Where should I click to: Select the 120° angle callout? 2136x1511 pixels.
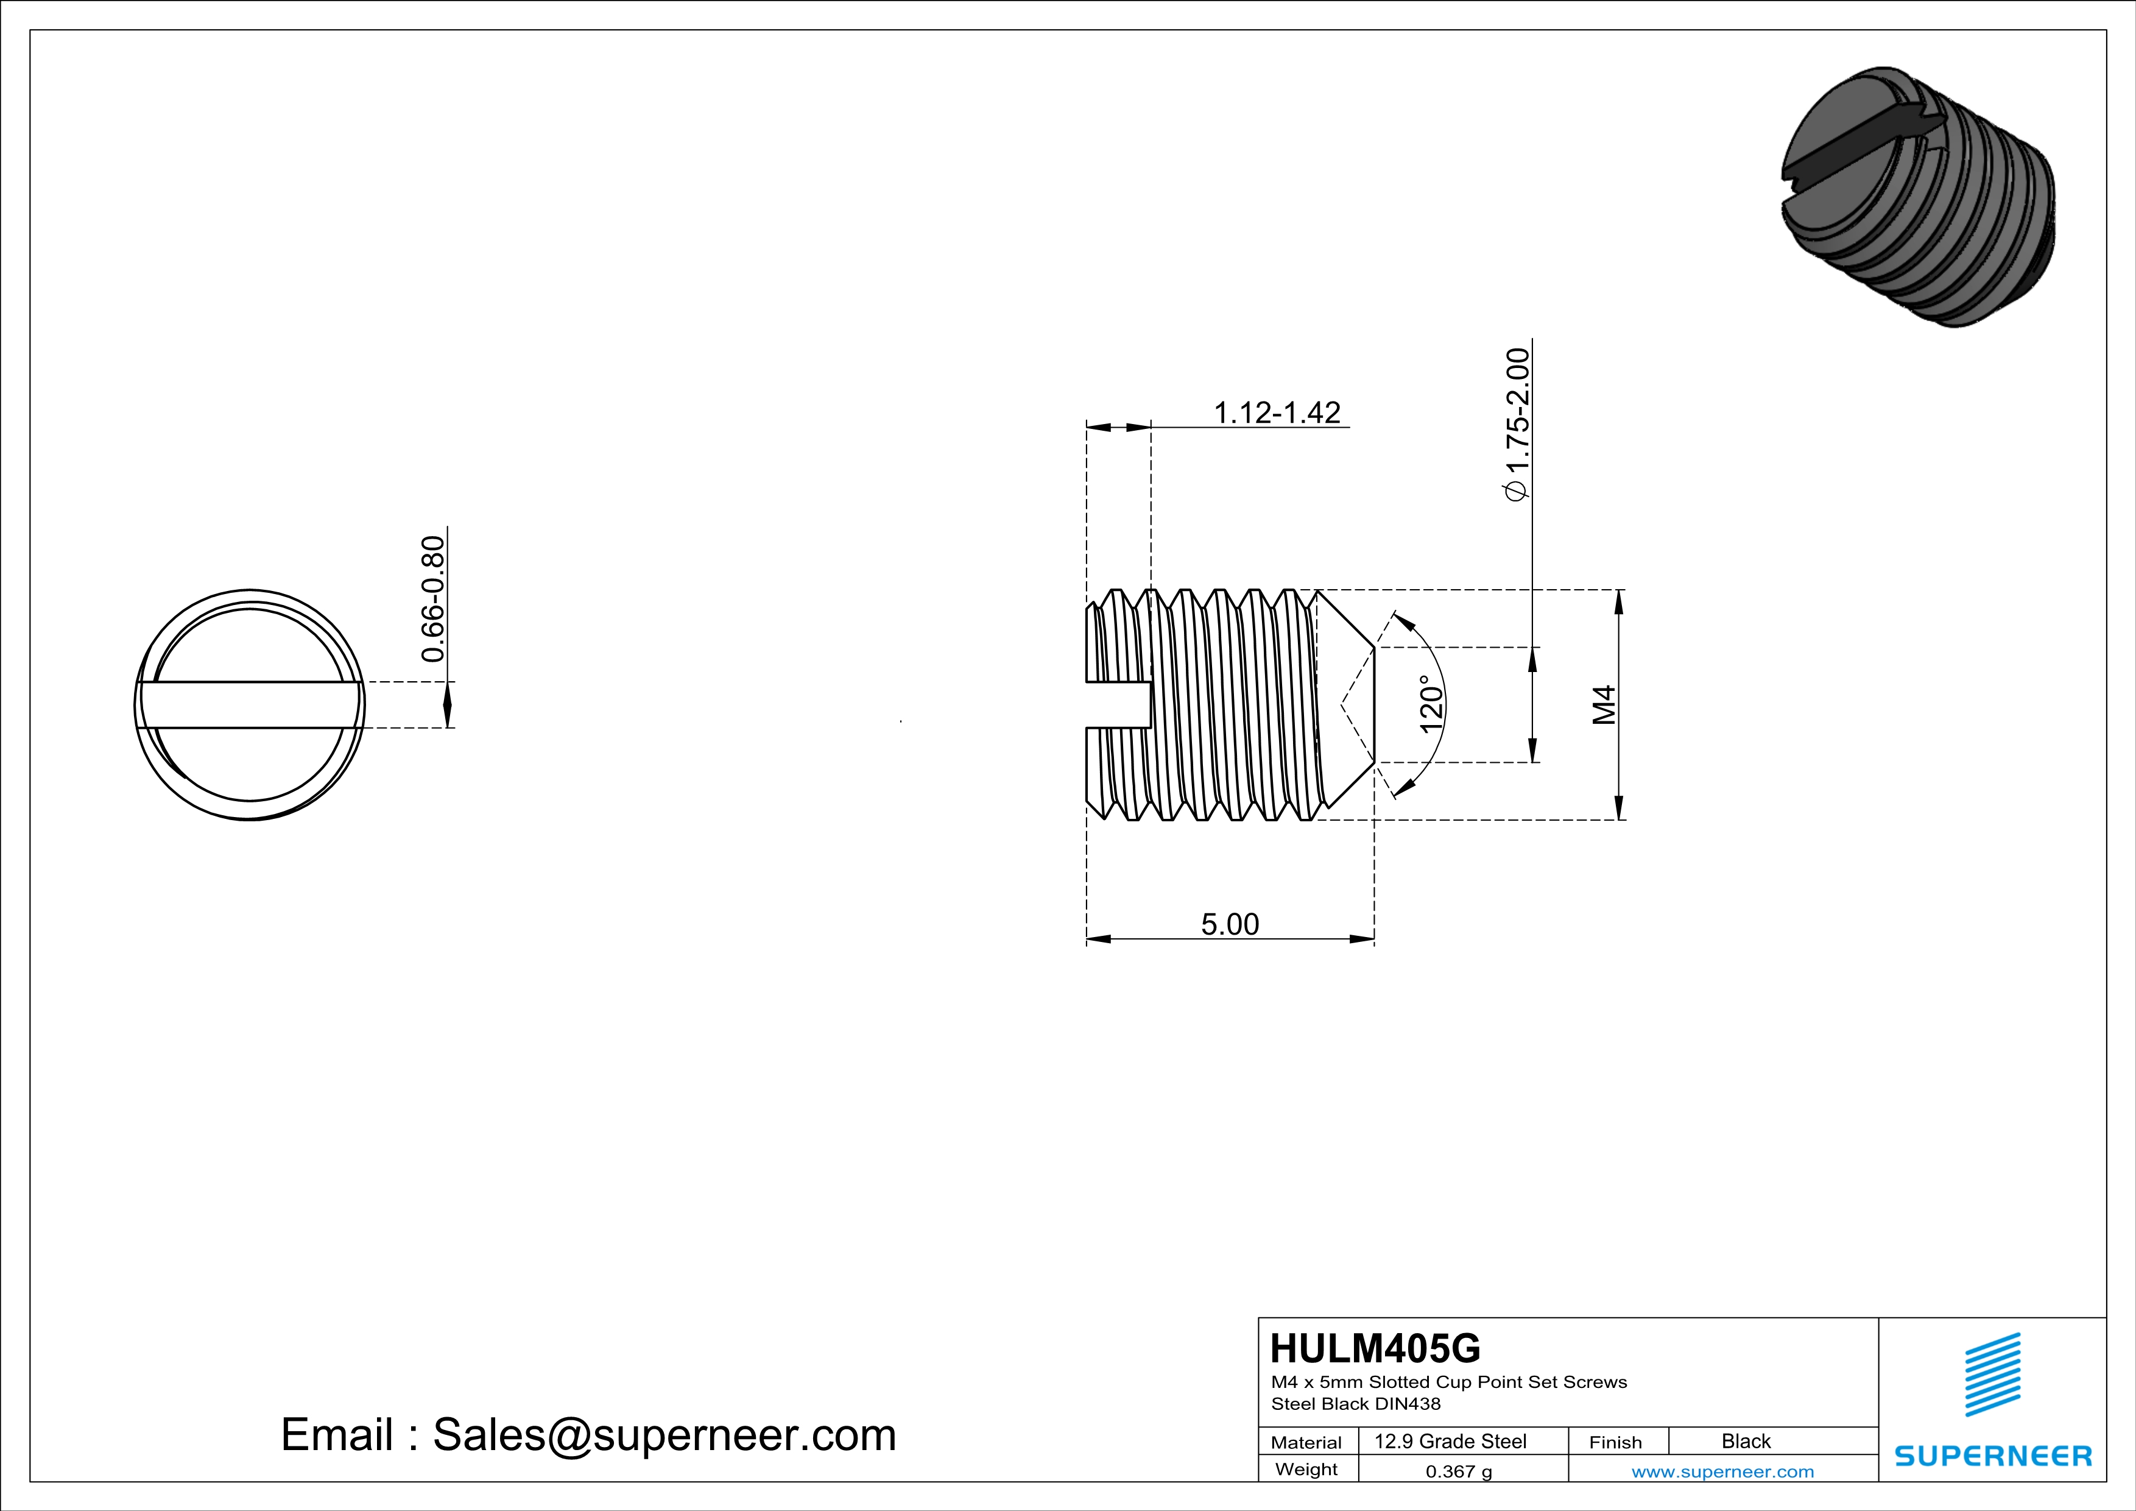click(x=1431, y=704)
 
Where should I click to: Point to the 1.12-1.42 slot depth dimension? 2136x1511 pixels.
click(x=1277, y=412)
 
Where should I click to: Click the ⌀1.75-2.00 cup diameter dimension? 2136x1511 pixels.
click(x=1517, y=424)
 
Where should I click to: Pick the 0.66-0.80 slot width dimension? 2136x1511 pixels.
click(x=432, y=599)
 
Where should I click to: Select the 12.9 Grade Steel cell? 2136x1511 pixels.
click(x=1450, y=1441)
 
